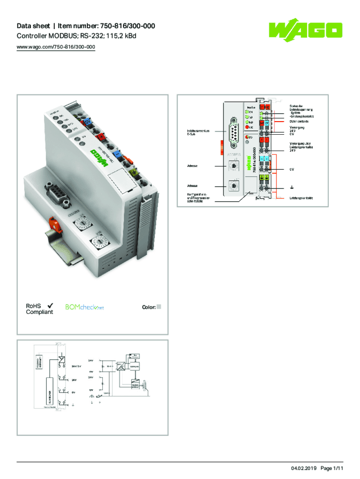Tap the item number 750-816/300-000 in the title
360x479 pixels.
(125, 27)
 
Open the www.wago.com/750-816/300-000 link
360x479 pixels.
(56, 47)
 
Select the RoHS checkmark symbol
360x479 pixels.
(49, 305)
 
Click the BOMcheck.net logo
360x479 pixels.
(84, 307)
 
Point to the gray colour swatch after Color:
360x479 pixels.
(158, 307)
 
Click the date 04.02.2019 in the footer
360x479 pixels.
(304, 468)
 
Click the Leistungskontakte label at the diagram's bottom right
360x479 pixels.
(301, 198)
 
